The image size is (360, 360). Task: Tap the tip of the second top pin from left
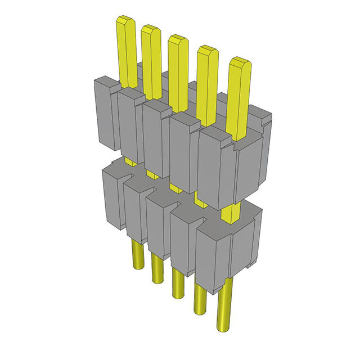[151, 30]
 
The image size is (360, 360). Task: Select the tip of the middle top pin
[178, 40]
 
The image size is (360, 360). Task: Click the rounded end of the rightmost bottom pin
[226, 326]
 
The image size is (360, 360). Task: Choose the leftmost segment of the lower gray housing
[112, 197]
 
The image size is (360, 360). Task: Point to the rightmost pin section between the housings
[230, 214]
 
